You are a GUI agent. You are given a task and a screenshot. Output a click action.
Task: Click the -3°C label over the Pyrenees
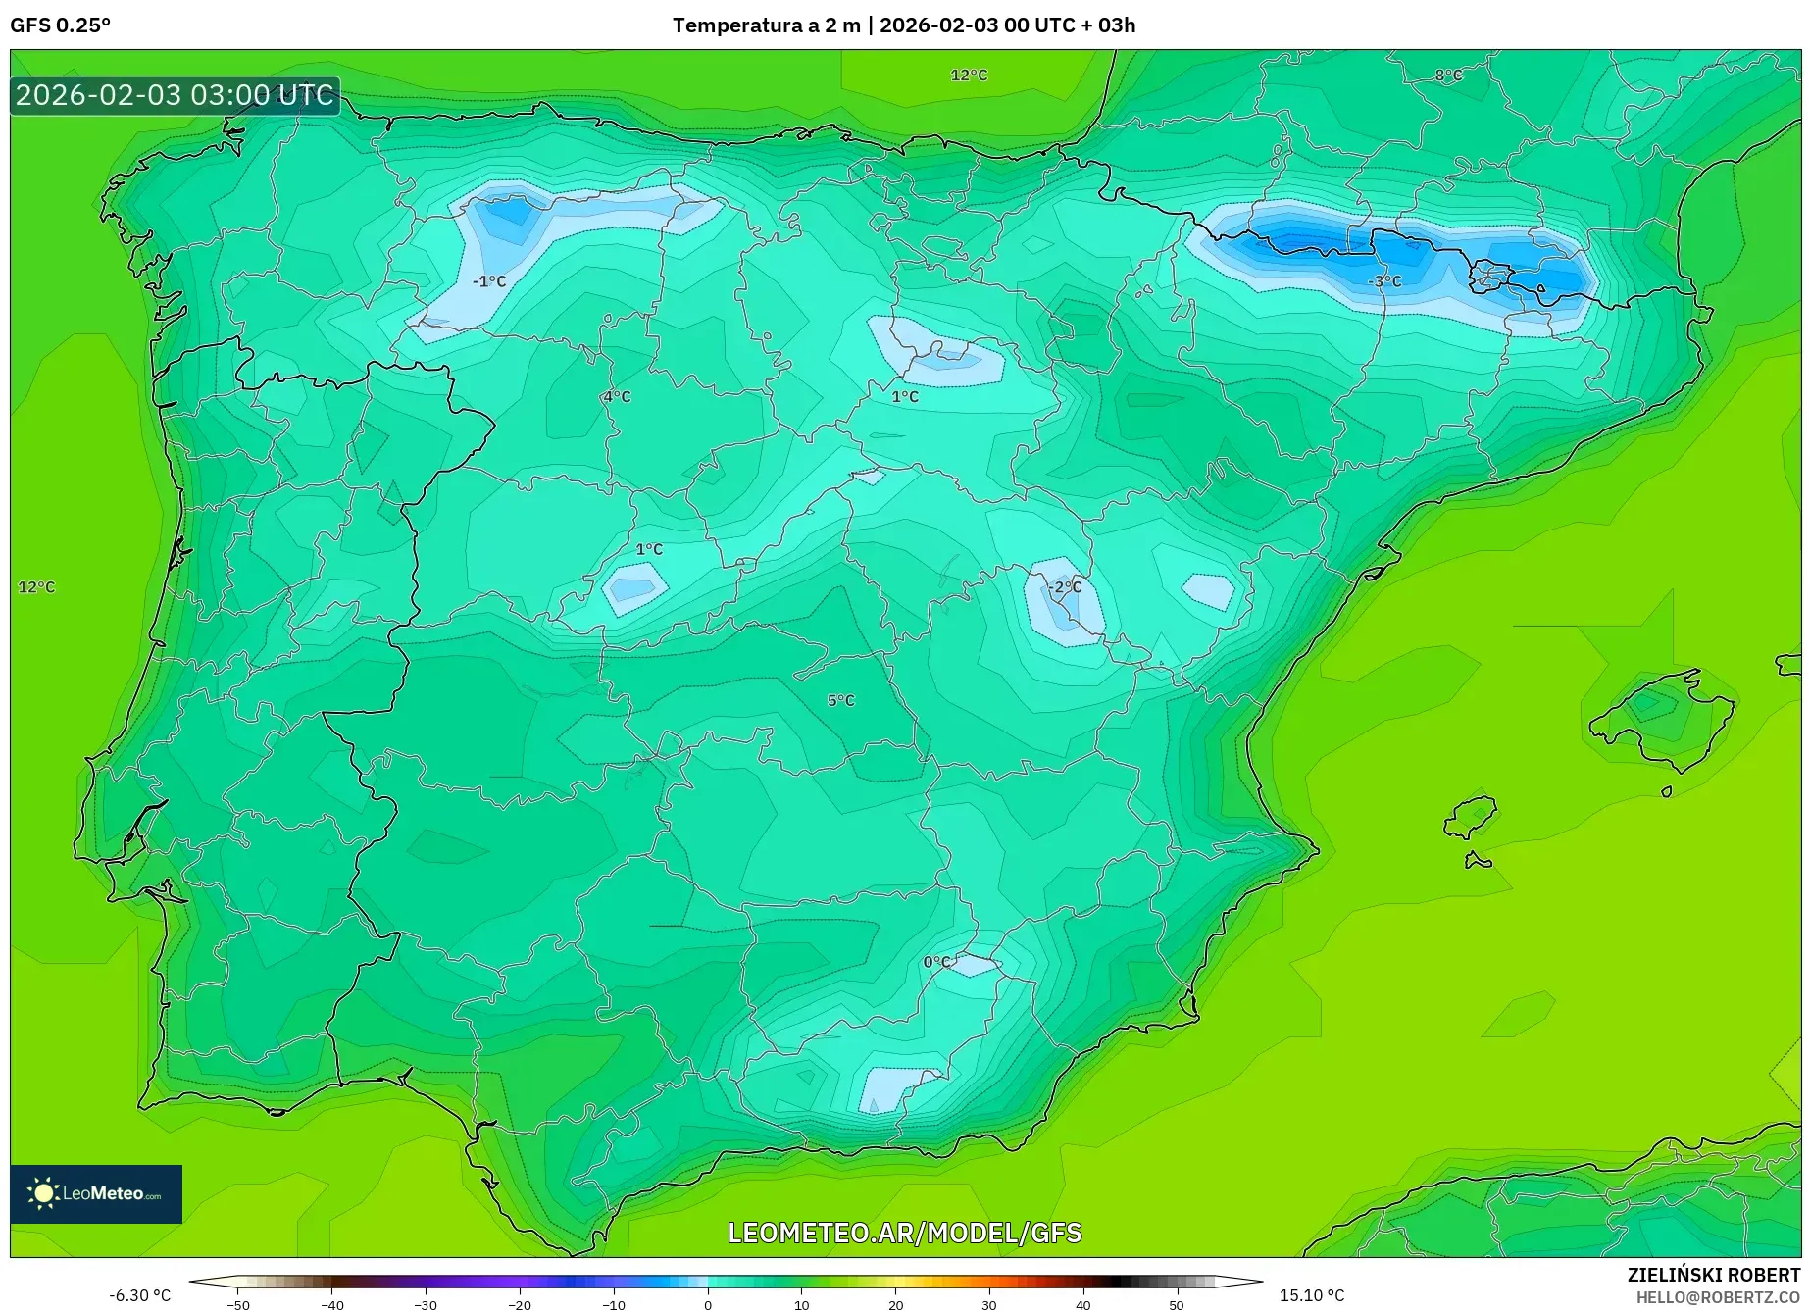(x=1384, y=281)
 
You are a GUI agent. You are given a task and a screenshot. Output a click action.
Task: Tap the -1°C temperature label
(x=489, y=281)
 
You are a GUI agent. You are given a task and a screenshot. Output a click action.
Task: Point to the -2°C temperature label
(x=1065, y=586)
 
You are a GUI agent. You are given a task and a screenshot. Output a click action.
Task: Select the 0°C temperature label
(x=936, y=962)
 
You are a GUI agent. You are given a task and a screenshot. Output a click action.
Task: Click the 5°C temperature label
(x=840, y=700)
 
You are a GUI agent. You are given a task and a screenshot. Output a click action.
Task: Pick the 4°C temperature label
(x=617, y=396)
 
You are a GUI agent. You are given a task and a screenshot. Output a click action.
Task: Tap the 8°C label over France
(x=1448, y=76)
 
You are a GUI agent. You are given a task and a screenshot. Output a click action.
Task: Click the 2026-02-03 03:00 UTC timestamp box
(x=175, y=95)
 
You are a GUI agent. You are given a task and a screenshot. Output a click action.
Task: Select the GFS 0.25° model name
(x=60, y=25)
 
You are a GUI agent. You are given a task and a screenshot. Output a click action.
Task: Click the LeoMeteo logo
(x=96, y=1193)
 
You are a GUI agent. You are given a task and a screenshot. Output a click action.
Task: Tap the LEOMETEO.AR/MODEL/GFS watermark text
(x=904, y=1233)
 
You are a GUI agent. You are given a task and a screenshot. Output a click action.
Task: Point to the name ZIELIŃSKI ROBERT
(x=1713, y=1275)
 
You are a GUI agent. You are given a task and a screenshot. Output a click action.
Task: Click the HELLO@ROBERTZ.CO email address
(x=1717, y=1297)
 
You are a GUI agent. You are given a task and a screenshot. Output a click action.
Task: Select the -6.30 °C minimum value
(x=139, y=1295)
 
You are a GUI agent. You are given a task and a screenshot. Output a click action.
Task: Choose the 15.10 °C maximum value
(x=1312, y=1295)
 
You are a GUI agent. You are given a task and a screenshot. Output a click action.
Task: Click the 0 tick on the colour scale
(x=708, y=1304)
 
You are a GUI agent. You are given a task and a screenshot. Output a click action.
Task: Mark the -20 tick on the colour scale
(x=520, y=1304)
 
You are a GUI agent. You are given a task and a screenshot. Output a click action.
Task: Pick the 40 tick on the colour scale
(x=1082, y=1304)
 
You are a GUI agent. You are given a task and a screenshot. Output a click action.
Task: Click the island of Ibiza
(x=1470, y=817)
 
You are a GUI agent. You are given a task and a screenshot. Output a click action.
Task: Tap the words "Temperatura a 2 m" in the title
(x=766, y=25)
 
